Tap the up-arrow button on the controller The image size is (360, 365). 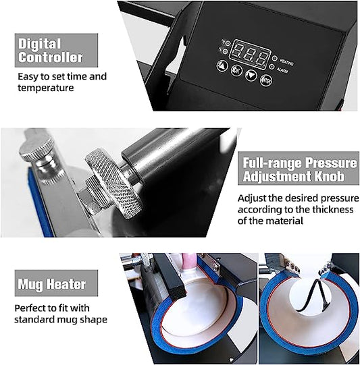click(x=222, y=66)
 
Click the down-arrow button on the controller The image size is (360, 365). click(x=251, y=75)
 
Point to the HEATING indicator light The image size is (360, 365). click(x=275, y=58)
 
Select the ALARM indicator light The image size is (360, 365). click(x=272, y=67)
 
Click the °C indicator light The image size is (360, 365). click(x=228, y=43)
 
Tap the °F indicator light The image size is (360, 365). click(x=225, y=51)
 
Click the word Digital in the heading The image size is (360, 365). click(x=40, y=44)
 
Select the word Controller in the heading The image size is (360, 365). click(x=51, y=57)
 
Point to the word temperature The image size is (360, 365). click(x=46, y=88)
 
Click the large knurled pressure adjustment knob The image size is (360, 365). click(x=113, y=183)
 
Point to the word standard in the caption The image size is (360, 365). click(x=32, y=319)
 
